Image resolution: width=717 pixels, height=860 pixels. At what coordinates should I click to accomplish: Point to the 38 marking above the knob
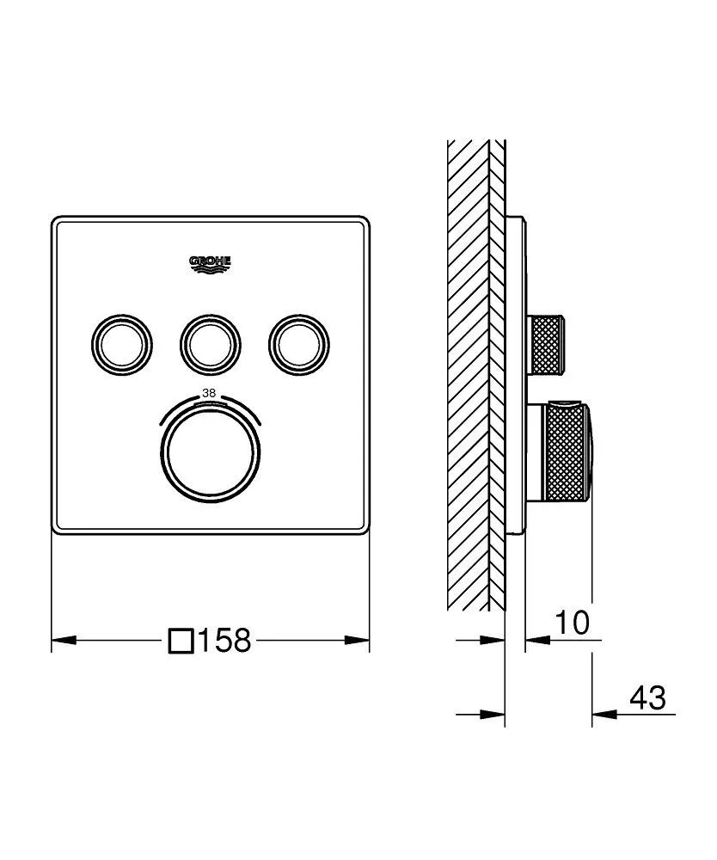pos(209,393)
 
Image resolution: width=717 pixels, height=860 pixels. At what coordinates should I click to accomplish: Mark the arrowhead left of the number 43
pos(601,713)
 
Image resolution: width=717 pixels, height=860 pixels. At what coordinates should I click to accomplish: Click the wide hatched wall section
pos(468,370)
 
